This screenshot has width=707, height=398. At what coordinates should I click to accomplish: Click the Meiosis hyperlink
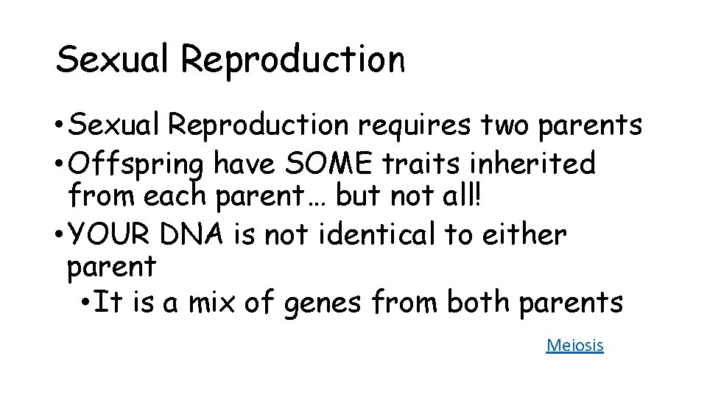[574, 344]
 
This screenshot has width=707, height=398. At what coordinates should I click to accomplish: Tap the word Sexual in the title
[114, 59]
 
